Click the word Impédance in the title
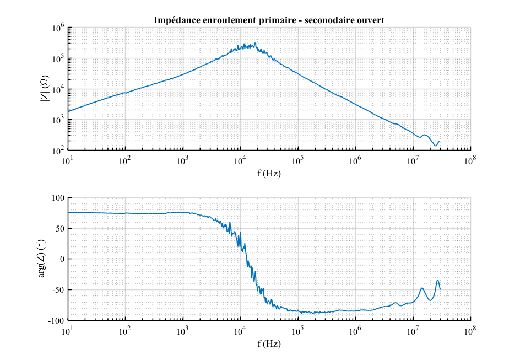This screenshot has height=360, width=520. pyautogui.click(x=175, y=20)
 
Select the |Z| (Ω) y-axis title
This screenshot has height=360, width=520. pyautogui.click(x=45, y=89)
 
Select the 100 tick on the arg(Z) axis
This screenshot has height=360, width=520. pyautogui.click(x=58, y=198)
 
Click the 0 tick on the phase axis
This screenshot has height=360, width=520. pyautogui.click(x=62, y=259)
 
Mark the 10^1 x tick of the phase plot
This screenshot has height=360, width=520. pyautogui.click(x=68, y=331)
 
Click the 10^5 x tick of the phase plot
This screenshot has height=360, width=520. pyautogui.click(x=298, y=331)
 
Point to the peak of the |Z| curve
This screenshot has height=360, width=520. pyautogui.click(x=255, y=44)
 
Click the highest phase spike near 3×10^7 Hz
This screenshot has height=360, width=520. pyautogui.click(x=438, y=280)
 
